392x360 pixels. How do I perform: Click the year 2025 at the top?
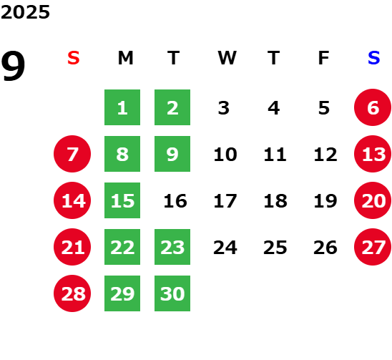point(25,12)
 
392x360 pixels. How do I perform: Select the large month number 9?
point(13,66)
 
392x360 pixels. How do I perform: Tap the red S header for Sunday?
point(74,58)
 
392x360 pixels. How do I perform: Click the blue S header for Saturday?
point(373,58)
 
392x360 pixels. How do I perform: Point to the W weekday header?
point(227,58)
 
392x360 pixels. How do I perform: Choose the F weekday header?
point(323,58)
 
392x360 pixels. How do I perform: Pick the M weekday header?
point(125,58)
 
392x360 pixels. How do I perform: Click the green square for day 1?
point(122,107)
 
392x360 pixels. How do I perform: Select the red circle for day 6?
point(373,107)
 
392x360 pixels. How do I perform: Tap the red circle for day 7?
point(72,154)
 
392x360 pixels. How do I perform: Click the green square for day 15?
point(122,200)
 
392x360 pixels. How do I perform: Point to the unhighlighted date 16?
point(175,201)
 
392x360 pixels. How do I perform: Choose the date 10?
point(225,155)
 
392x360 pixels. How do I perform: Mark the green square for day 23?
point(172,247)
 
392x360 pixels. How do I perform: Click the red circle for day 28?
point(72,293)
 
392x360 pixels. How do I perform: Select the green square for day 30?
point(172,293)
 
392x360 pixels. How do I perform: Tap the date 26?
point(325,248)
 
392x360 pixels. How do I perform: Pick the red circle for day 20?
point(373,200)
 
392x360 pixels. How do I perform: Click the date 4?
point(274,108)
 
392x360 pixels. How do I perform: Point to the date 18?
point(275,201)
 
